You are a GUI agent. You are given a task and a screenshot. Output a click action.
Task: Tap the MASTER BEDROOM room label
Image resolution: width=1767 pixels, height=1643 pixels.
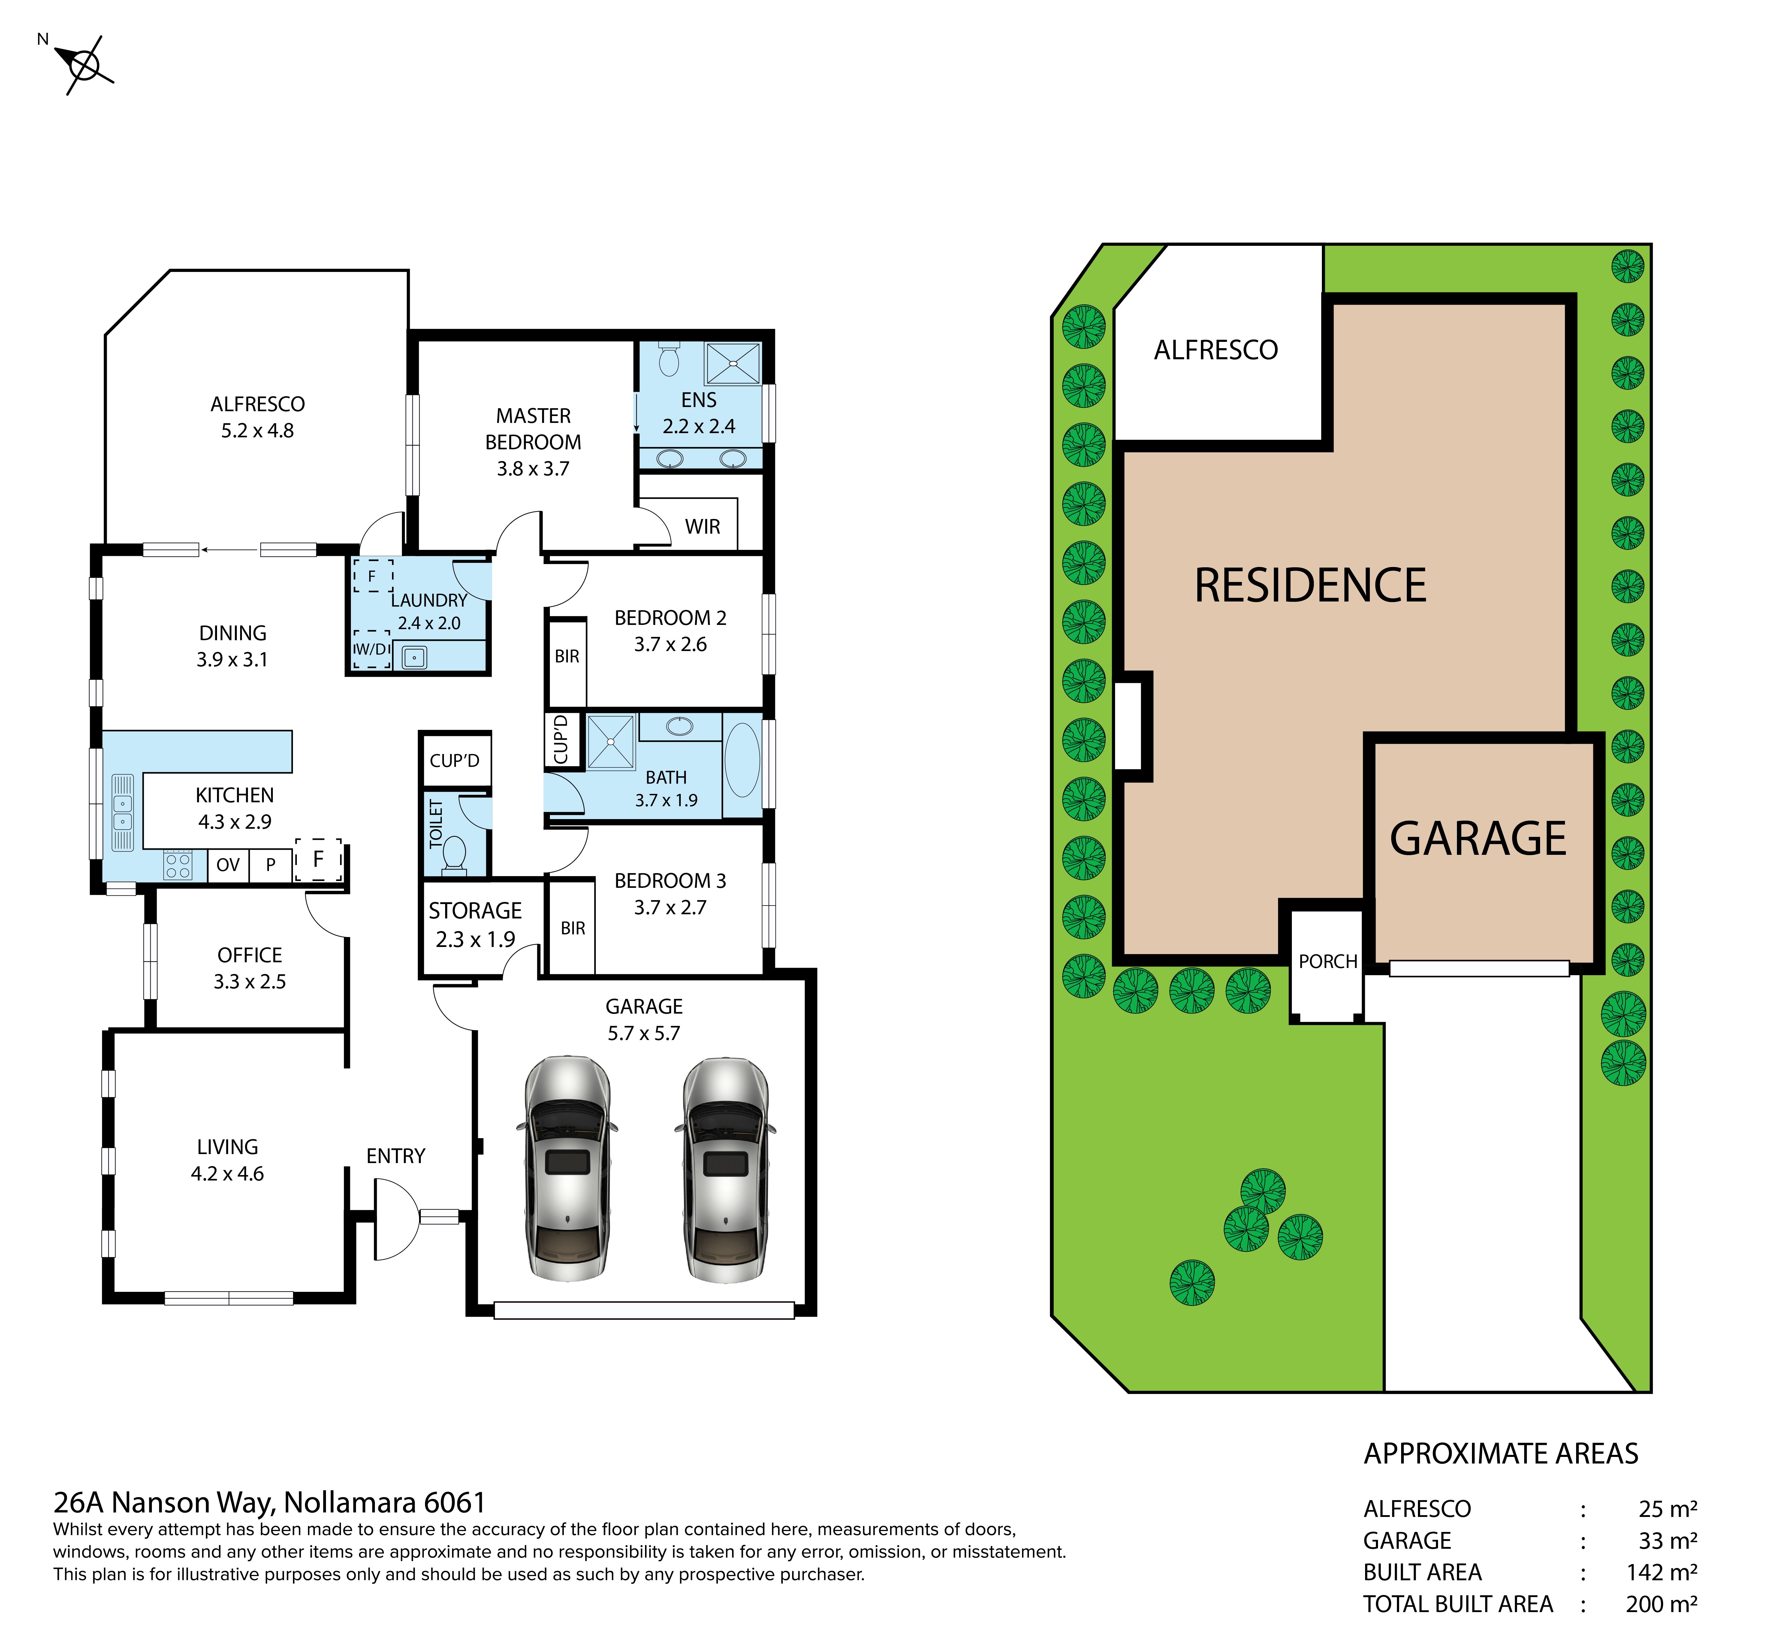(x=533, y=442)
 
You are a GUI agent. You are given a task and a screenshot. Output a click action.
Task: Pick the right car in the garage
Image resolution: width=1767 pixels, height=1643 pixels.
(x=725, y=1169)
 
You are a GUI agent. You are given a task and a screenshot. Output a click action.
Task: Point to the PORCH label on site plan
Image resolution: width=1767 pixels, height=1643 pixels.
(x=1328, y=961)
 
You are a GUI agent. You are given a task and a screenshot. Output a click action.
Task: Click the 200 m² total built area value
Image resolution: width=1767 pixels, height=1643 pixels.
(x=1661, y=1604)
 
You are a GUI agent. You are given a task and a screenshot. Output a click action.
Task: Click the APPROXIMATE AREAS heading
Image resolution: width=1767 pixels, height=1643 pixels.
(x=1501, y=1454)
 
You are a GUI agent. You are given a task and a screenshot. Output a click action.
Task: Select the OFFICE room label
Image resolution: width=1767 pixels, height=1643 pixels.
(x=250, y=955)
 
